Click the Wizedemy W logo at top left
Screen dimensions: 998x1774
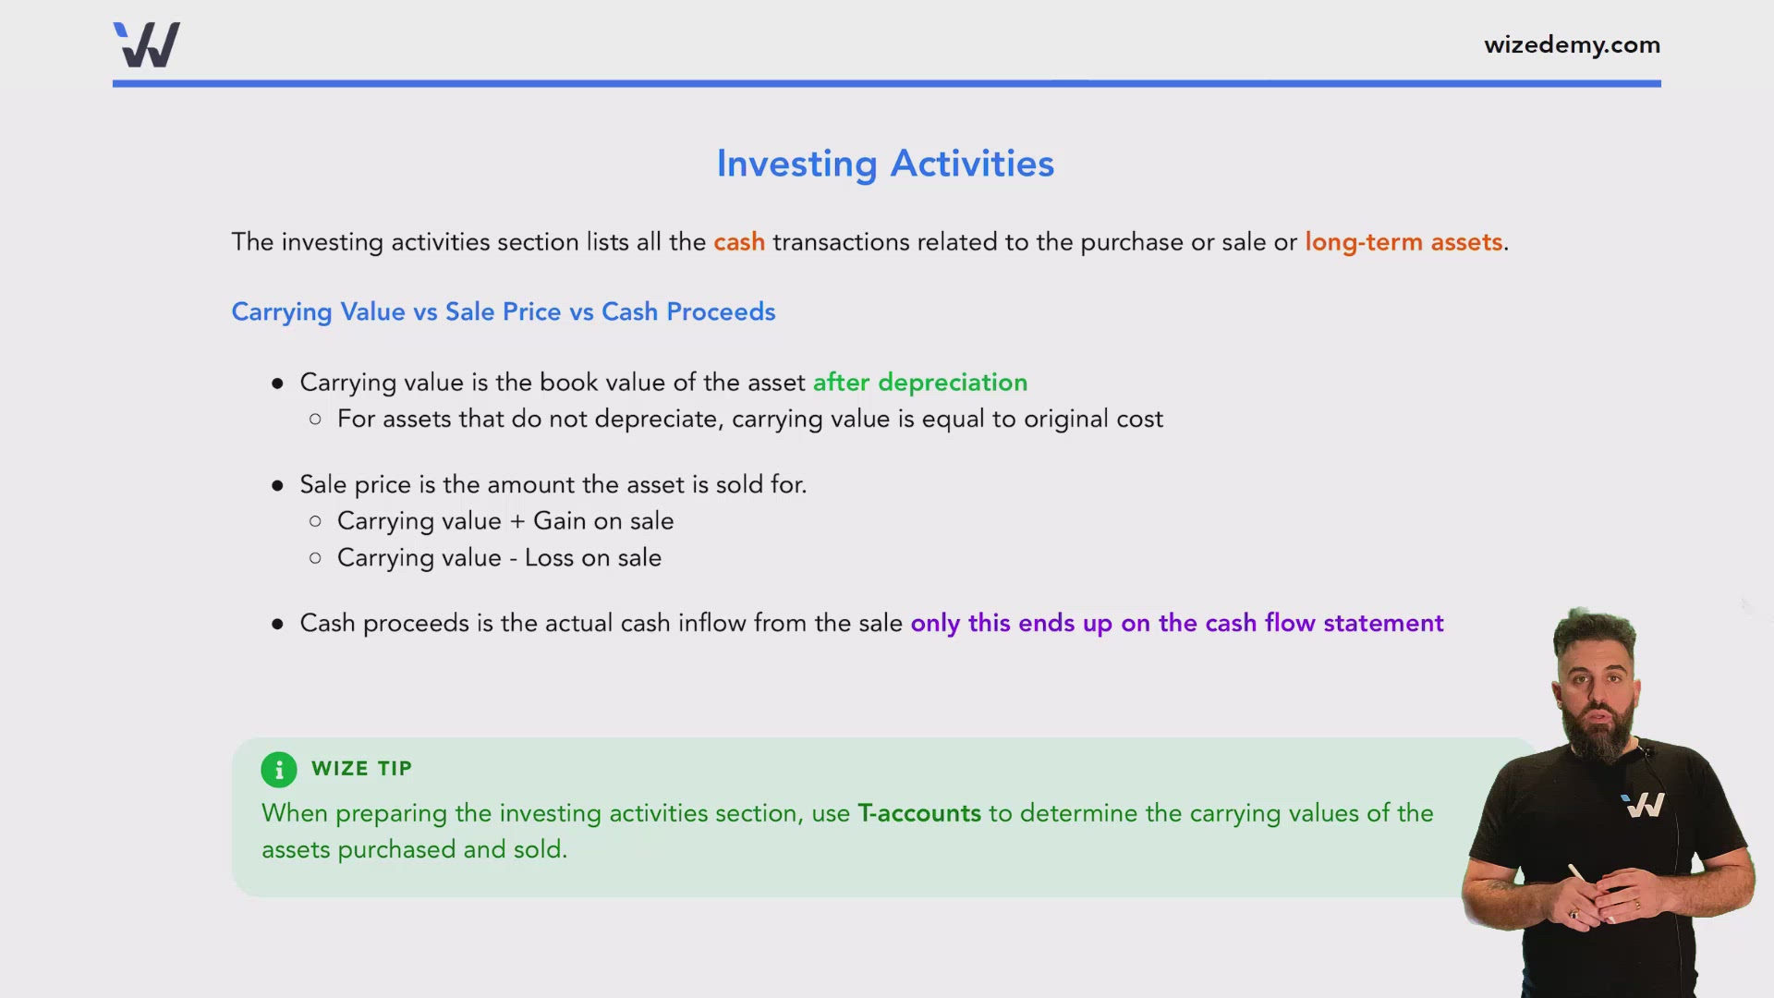coord(147,44)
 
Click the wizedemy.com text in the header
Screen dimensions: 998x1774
coord(1572,44)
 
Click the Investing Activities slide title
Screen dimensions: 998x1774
coord(885,164)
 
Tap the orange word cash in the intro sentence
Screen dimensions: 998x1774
coord(738,242)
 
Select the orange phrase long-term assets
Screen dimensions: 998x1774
coord(1403,242)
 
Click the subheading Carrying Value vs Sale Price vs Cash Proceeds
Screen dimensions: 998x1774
coord(503,311)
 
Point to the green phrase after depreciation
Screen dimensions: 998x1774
coord(919,382)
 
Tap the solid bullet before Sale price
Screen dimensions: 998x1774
coord(277,485)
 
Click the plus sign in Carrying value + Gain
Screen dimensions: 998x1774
coord(517,521)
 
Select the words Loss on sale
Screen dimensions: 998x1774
coord(592,558)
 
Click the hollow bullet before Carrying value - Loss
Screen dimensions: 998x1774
coord(315,558)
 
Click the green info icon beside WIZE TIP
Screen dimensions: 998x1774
coord(279,769)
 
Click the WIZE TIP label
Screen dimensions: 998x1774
coord(361,769)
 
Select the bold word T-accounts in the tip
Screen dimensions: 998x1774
coord(918,813)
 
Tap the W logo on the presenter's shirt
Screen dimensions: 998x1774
coord(1643,806)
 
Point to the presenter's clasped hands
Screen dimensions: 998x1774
coord(1603,901)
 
